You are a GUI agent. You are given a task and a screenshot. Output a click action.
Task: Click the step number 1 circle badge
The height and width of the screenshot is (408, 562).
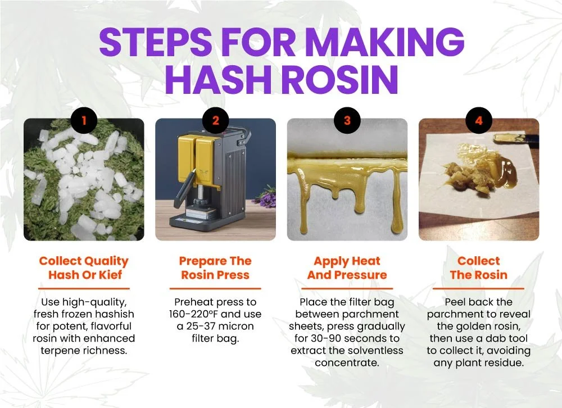point(84,120)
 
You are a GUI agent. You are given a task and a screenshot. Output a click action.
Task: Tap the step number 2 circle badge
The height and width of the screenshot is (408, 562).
point(215,120)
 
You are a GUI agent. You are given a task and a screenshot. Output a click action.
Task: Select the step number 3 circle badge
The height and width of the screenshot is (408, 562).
point(347,120)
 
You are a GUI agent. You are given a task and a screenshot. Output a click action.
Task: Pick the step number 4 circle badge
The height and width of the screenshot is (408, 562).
point(478,120)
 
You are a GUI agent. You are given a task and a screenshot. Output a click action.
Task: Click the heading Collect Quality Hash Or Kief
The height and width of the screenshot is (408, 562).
point(84,268)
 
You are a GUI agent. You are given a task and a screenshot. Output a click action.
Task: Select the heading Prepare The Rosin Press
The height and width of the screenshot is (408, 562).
point(215,268)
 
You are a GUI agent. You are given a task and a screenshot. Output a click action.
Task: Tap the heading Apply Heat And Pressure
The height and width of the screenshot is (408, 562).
point(347,268)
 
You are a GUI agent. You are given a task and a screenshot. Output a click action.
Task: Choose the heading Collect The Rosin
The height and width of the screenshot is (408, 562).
point(478,268)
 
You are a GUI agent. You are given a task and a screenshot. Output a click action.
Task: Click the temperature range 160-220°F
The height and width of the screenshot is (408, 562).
point(202,314)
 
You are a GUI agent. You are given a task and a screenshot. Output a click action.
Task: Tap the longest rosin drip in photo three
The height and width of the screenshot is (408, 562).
point(304,208)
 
